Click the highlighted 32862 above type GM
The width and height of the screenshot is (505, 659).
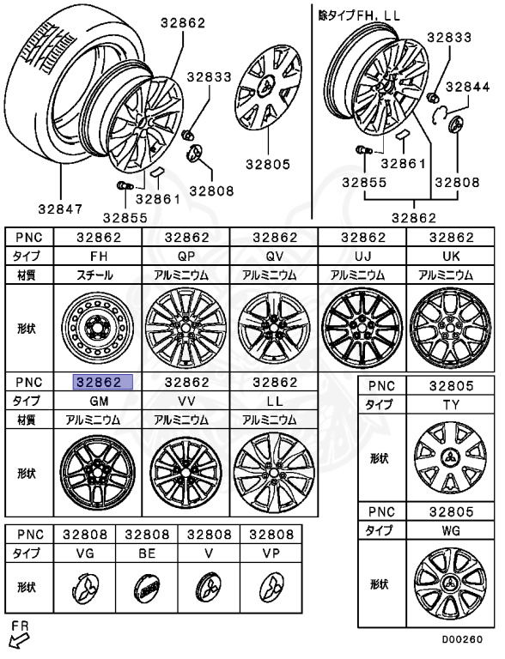[x=103, y=382]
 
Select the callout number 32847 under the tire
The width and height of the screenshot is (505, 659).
[x=61, y=209]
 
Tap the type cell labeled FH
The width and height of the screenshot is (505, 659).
[x=99, y=256]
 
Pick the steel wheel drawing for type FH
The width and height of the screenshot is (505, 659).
[x=98, y=329]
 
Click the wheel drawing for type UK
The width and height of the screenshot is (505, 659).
[x=451, y=329]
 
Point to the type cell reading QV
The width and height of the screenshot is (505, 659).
[x=274, y=256]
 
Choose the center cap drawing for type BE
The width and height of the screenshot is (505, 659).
[x=148, y=588]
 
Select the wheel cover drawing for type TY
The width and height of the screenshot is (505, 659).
[x=450, y=457]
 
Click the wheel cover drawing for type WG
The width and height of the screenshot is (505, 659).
[x=450, y=584]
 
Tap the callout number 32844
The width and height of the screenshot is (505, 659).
[x=468, y=87]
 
